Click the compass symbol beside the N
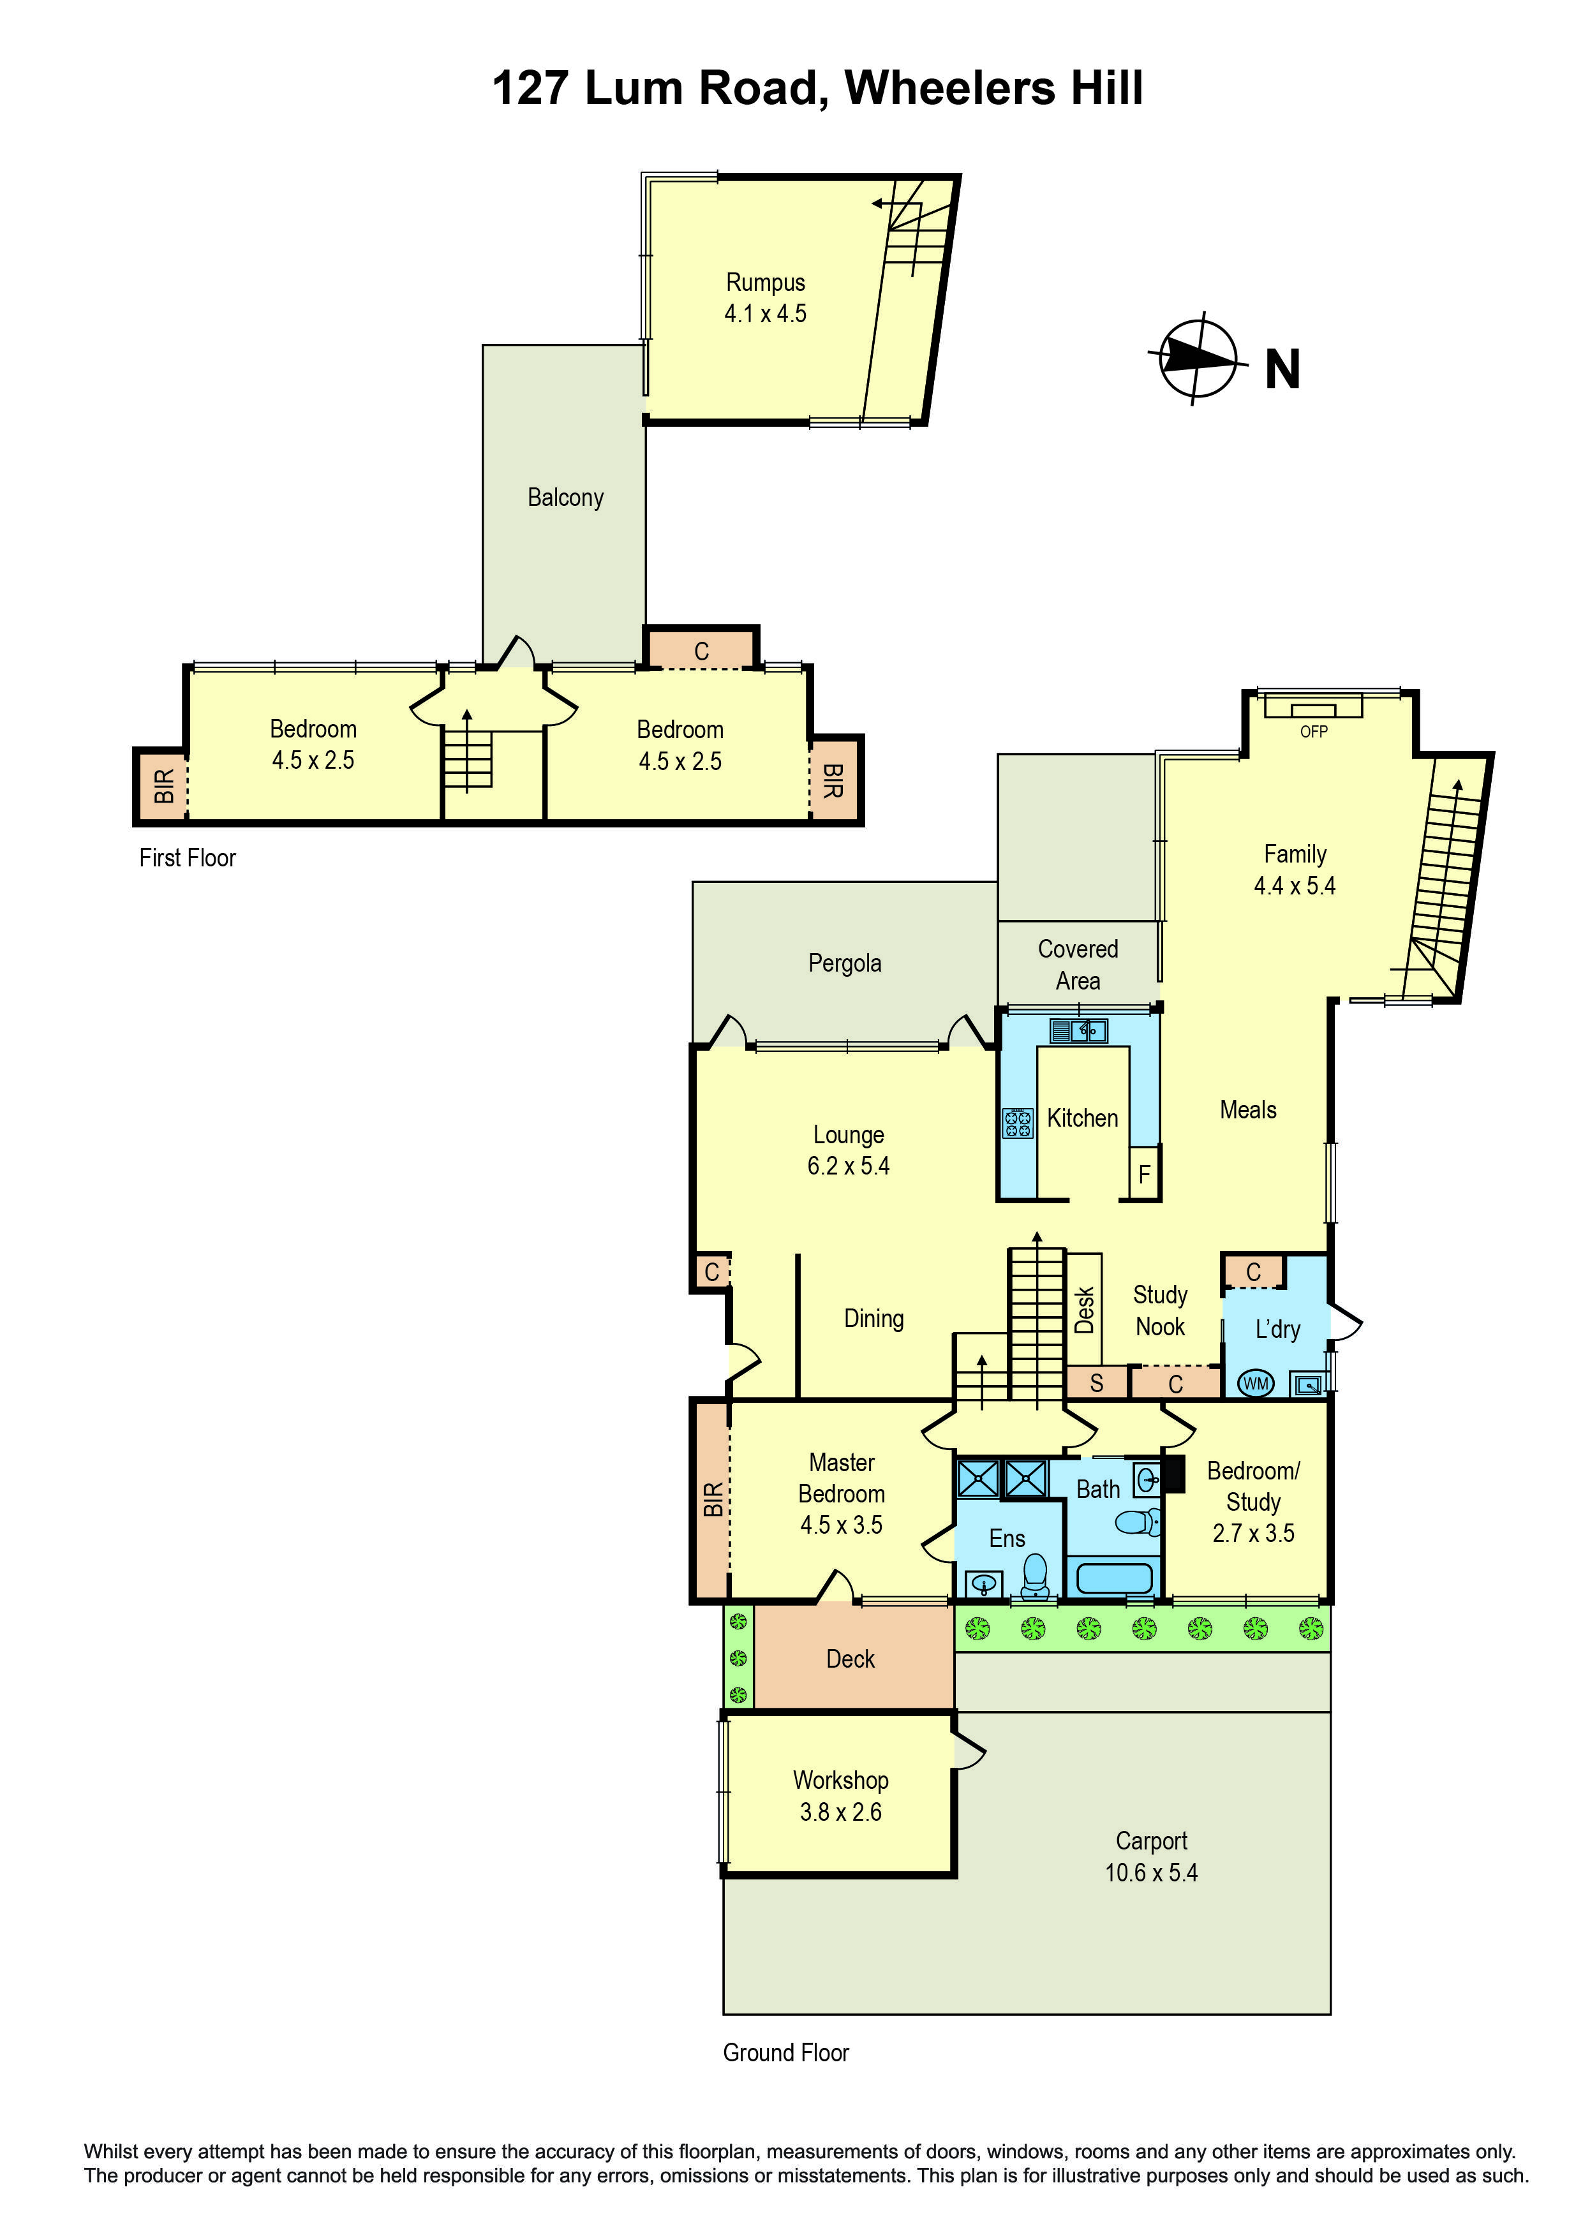1198,358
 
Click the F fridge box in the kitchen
1145,1175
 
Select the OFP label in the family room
1313,731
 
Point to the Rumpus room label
765,283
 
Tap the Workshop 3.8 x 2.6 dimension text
840,1812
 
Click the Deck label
850,1659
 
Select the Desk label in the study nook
1085,1309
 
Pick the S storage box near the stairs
1097,1383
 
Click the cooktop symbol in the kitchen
1018,1123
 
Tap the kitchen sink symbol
1078,1030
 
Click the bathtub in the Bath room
1114,1577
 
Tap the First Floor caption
187,858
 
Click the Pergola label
844,963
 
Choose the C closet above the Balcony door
701,651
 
